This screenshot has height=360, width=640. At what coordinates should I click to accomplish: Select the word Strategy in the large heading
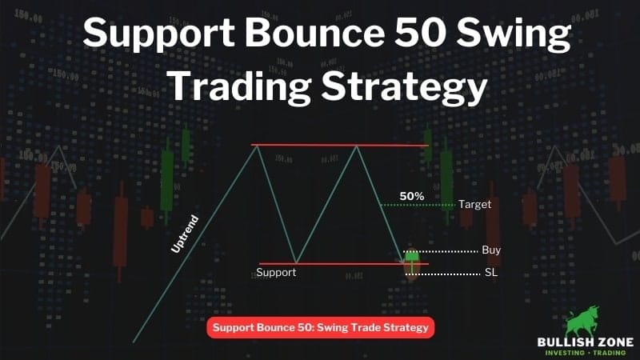pos(404,87)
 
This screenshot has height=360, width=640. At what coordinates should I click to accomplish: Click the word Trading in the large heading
pos(241,86)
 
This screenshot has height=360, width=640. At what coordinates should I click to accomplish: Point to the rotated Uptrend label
pos(185,234)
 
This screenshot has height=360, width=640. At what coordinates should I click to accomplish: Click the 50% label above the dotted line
pos(412,196)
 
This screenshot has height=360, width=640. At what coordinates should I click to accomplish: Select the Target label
pos(474,204)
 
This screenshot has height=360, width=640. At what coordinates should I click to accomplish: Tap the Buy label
pos(491,250)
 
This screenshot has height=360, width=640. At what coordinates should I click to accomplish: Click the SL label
pos(491,272)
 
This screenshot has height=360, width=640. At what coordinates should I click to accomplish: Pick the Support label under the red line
pos(276,272)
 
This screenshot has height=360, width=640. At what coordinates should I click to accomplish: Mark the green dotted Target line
pos(417,205)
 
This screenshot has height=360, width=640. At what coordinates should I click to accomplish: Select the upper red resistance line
pos(339,145)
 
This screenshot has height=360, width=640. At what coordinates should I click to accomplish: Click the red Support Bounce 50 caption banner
pos(321,327)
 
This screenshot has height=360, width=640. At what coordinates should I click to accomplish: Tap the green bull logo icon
pos(582,321)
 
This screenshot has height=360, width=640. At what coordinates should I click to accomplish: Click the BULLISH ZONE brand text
pos(586,342)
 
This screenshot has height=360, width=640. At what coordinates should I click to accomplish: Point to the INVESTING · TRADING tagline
pos(586,353)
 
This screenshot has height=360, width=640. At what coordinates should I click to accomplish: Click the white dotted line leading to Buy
pos(441,251)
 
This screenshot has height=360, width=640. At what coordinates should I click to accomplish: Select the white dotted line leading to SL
pos(442,274)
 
